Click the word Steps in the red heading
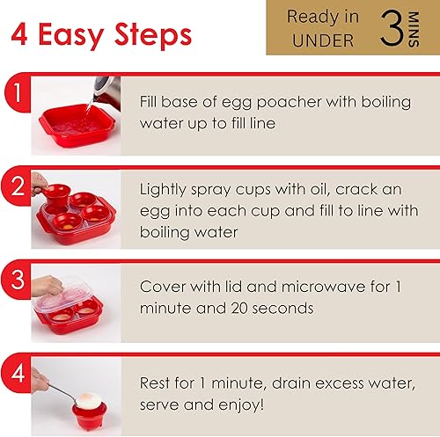[153, 35]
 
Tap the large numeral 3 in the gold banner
[392, 28]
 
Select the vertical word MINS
[414, 29]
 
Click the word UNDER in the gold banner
[323, 40]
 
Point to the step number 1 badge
[18, 93]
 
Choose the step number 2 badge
[18, 186]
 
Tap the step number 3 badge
[18, 280]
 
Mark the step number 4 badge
[18, 373]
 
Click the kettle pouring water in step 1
[107, 91]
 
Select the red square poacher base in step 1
[77, 126]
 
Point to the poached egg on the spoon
[88, 401]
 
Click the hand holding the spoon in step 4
[40, 380]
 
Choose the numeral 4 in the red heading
[19, 34]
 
